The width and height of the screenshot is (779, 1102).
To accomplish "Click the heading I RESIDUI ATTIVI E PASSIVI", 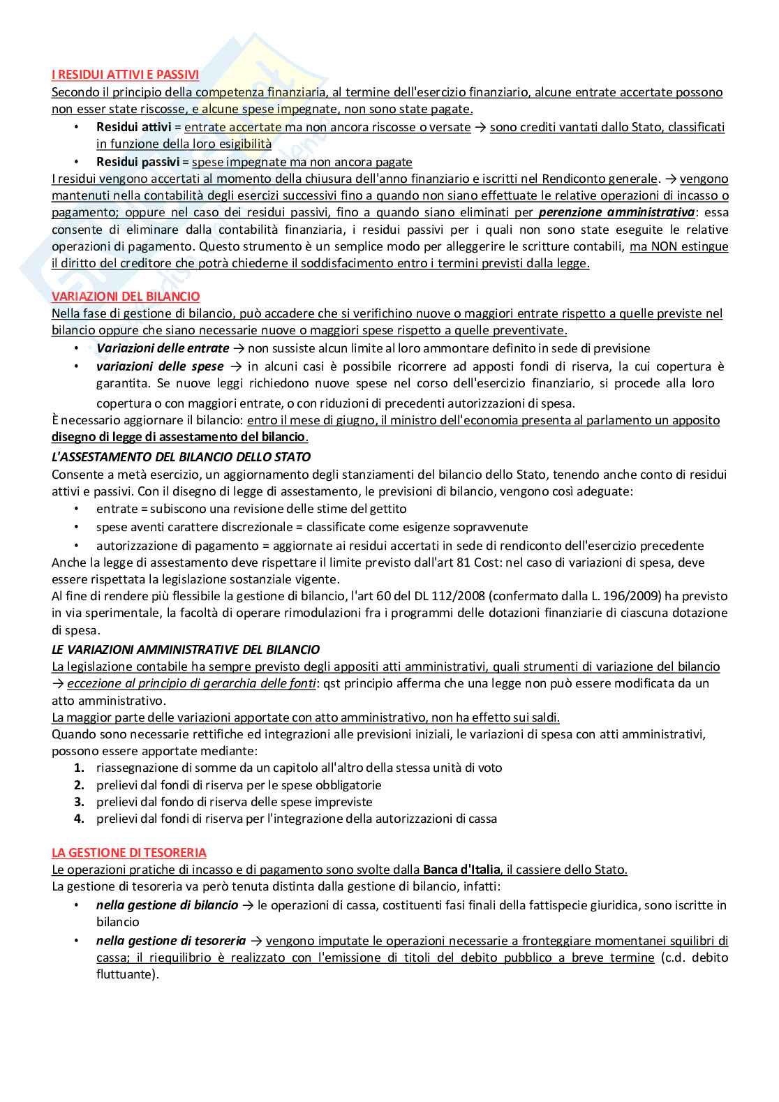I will pos(125,74).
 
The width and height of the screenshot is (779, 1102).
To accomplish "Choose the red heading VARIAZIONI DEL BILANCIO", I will pos(126,297).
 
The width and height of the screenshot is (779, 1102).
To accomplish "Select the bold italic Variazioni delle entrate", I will pos(163,348).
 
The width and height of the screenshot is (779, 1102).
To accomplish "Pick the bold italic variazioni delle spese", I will pos(160,366).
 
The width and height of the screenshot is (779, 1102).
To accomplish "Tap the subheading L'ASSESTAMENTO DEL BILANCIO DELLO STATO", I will pos(181,457).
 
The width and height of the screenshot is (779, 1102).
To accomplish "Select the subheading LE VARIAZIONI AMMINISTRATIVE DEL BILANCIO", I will pos(186,650).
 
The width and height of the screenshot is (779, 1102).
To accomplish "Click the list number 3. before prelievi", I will pos(80,802).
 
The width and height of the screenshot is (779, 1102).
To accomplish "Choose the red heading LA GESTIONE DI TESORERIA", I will pos(129,853).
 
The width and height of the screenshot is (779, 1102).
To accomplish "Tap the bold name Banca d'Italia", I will pos(461,870).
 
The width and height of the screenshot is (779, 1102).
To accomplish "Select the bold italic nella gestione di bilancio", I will pos(168,905).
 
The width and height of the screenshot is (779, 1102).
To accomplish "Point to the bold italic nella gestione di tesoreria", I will pos(171,941).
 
